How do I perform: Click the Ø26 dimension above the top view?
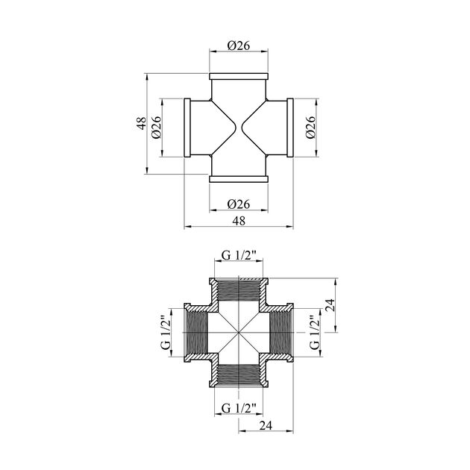click(x=238, y=46)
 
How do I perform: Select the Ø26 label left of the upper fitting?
click(x=157, y=128)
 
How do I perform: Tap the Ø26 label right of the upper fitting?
click(x=311, y=128)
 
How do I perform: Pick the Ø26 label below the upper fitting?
click(x=238, y=204)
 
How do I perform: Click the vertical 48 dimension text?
click(x=142, y=123)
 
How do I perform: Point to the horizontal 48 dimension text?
click(x=239, y=221)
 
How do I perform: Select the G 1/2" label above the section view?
click(x=239, y=255)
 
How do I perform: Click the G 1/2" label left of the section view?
click(x=166, y=333)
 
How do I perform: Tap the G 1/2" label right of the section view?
click(x=314, y=333)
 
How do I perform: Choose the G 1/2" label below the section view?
click(x=239, y=408)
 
